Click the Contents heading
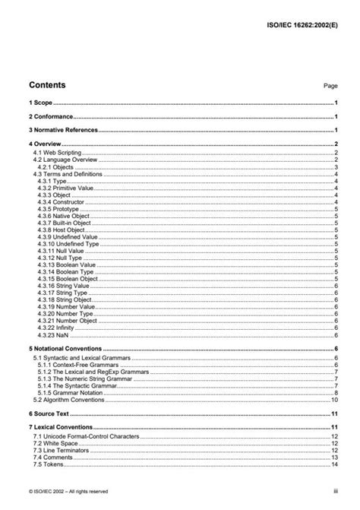46,85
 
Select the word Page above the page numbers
330,87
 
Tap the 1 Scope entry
39,102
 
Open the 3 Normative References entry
63,130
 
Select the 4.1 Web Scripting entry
56,153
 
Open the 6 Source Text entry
47,413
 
